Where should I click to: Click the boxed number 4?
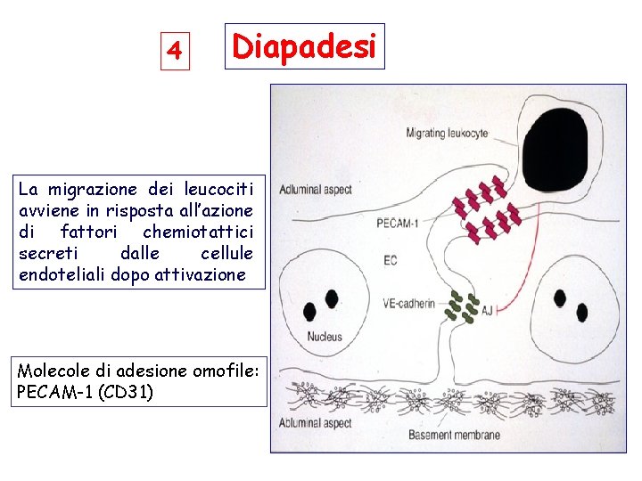tap(176, 51)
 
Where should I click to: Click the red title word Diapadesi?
tap(304, 46)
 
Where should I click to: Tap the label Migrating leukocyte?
tap(447, 133)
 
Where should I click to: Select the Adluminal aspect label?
tap(315, 189)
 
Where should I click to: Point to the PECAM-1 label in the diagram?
tap(397, 223)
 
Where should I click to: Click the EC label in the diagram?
tap(390, 260)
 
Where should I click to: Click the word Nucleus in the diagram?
tap(325, 336)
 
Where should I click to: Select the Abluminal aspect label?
tap(315, 422)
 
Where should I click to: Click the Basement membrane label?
tap(454, 436)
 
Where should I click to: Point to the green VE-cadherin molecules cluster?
tap(462, 305)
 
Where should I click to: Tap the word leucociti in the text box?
tap(218, 189)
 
